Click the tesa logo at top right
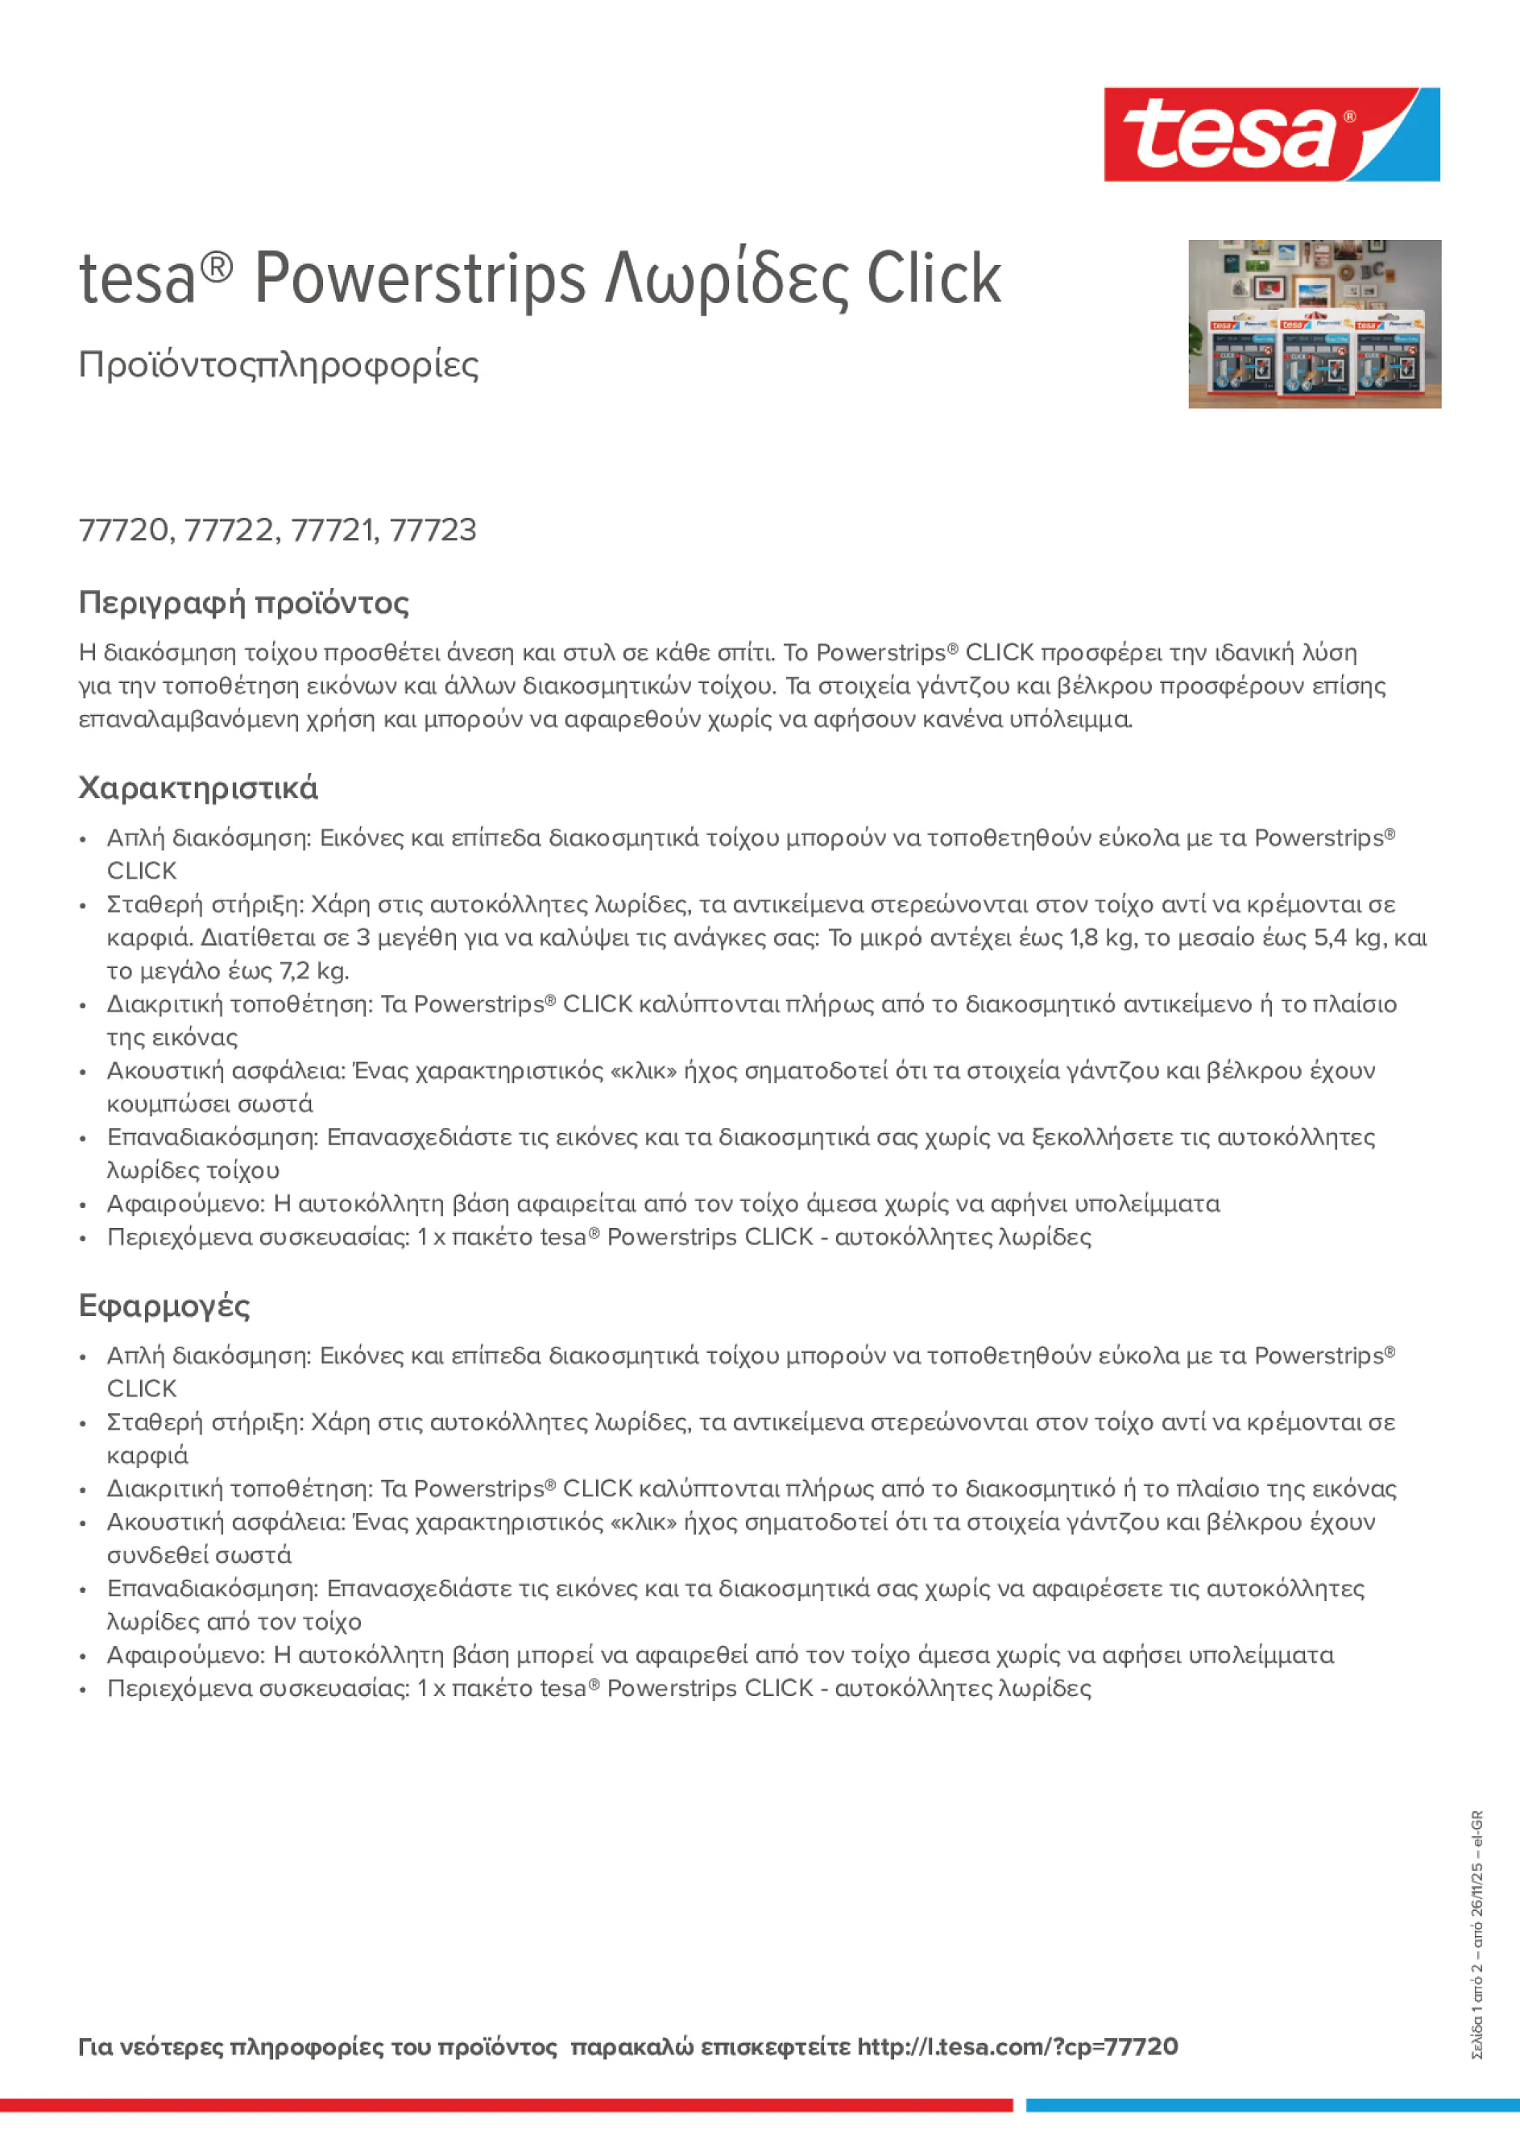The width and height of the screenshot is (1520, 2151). click(x=1271, y=134)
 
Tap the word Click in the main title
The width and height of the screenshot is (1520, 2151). click(x=934, y=279)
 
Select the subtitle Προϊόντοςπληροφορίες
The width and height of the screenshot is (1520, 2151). click(x=279, y=365)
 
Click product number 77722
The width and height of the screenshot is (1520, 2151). click(x=230, y=530)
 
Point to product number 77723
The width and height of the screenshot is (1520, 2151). click(x=432, y=530)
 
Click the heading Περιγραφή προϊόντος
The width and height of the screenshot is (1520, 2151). click(x=243, y=602)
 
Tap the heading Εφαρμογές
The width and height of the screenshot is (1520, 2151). click(x=164, y=1306)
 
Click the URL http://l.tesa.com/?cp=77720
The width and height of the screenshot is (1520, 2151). click(x=1017, y=2046)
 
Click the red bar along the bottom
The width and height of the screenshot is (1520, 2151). click(x=506, y=2105)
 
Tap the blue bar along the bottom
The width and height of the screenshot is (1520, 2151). click(x=1272, y=2105)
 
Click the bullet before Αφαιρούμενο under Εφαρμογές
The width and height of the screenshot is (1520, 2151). click(x=84, y=1657)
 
